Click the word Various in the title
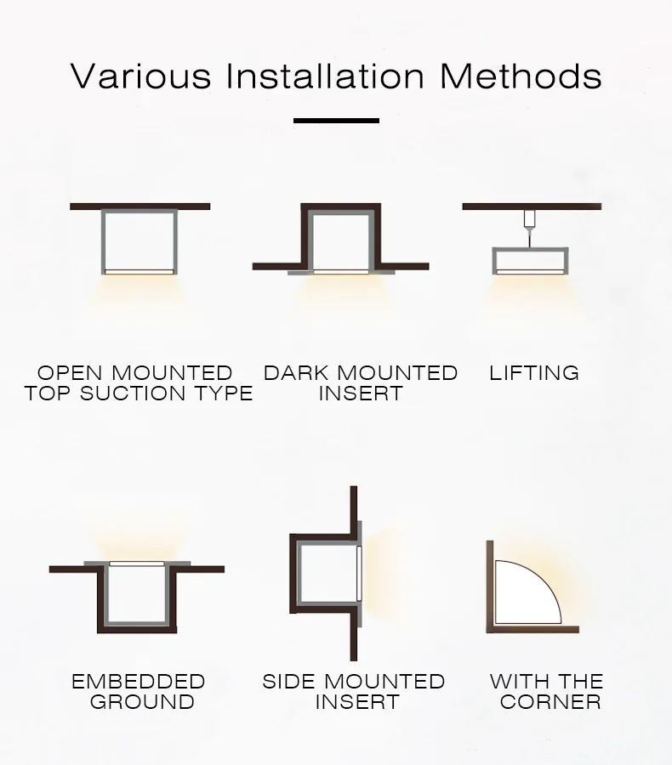[140, 76]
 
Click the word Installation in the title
[326, 76]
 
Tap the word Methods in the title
[521, 76]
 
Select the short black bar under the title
[336, 121]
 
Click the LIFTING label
[534, 373]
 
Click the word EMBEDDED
[138, 682]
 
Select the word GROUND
[142, 702]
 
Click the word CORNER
[550, 702]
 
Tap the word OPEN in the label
[71, 373]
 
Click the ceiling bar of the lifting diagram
[532, 207]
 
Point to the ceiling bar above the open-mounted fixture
[140, 207]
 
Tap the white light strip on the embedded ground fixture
[137, 563]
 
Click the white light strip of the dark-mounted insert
[340, 272]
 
